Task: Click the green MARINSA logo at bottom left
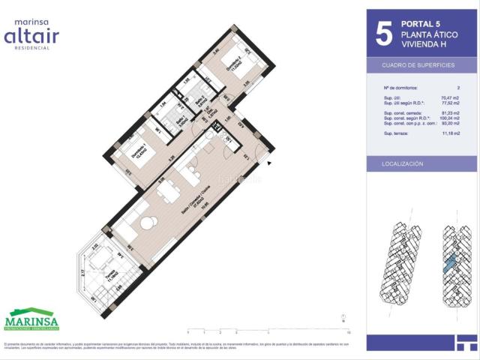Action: [32, 322]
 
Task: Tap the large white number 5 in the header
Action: [383, 32]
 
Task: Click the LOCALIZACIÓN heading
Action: [403, 163]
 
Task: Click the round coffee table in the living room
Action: [148, 220]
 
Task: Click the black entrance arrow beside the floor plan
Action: [268, 160]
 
